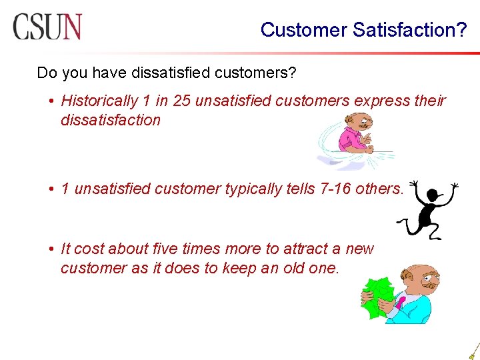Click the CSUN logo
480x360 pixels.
coord(47,27)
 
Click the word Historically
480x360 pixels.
coord(99,101)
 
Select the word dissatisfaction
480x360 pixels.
coord(111,120)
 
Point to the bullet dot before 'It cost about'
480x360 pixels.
coord(51,249)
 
